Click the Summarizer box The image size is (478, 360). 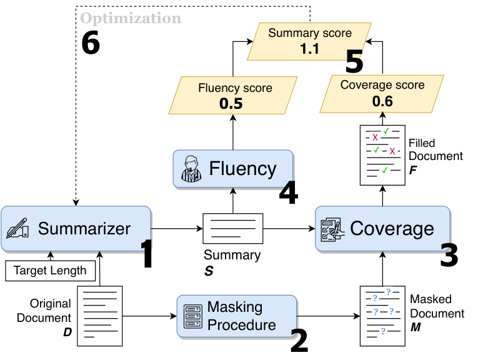(76, 229)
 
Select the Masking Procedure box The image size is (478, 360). (237, 316)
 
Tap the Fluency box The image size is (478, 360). (233, 169)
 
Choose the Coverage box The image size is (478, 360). (383, 229)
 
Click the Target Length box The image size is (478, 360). (51, 271)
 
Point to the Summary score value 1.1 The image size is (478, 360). (309, 49)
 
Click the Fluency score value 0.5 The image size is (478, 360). (231, 104)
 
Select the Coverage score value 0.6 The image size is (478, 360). (382, 101)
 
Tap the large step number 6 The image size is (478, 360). (91, 42)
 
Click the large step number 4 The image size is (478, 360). (289, 193)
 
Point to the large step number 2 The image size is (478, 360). (299, 341)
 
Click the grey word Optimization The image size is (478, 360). (131, 18)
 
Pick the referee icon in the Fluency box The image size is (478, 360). (191, 169)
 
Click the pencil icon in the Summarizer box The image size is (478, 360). (17, 228)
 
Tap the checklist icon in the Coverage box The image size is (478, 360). (332, 229)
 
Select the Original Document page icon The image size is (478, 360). (100, 316)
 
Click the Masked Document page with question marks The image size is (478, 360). (382, 316)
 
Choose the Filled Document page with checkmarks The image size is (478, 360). (382, 155)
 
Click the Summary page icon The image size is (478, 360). (233, 229)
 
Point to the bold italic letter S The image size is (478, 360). (209, 271)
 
